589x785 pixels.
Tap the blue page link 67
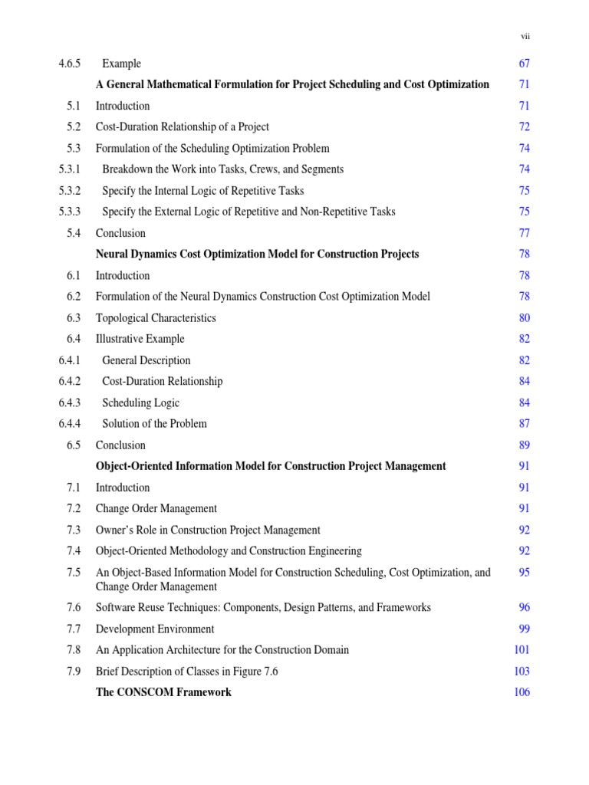pyautogui.click(x=524, y=64)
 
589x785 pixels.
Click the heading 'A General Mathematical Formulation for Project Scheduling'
pyautogui.click(x=291, y=84)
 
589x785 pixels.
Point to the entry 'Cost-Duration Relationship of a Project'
pyautogui.click(x=182, y=126)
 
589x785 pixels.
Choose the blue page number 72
pyautogui.click(x=524, y=126)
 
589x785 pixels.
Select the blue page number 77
pyautogui.click(x=524, y=233)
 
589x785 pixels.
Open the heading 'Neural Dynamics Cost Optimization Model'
pyautogui.click(x=257, y=254)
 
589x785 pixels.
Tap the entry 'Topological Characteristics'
pyautogui.click(x=156, y=317)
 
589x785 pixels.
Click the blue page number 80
pyautogui.click(x=524, y=317)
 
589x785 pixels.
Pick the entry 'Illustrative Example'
pyautogui.click(x=140, y=339)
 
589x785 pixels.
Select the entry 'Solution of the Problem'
pyautogui.click(x=154, y=423)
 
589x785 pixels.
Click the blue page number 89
pyautogui.click(x=524, y=445)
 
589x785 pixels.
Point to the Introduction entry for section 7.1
pyautogui.click(x=123, y=487)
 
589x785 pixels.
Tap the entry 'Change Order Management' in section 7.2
pyautogui.click(x=156, y=508)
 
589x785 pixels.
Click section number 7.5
pyautogui.click(x=74, y=572)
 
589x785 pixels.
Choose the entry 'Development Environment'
pyautogui.click(x=155, y=629)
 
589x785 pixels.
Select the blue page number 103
pyautogui.click(x=522, y=671)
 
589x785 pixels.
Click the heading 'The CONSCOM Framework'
pyautogui.click(x=163, y=692)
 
